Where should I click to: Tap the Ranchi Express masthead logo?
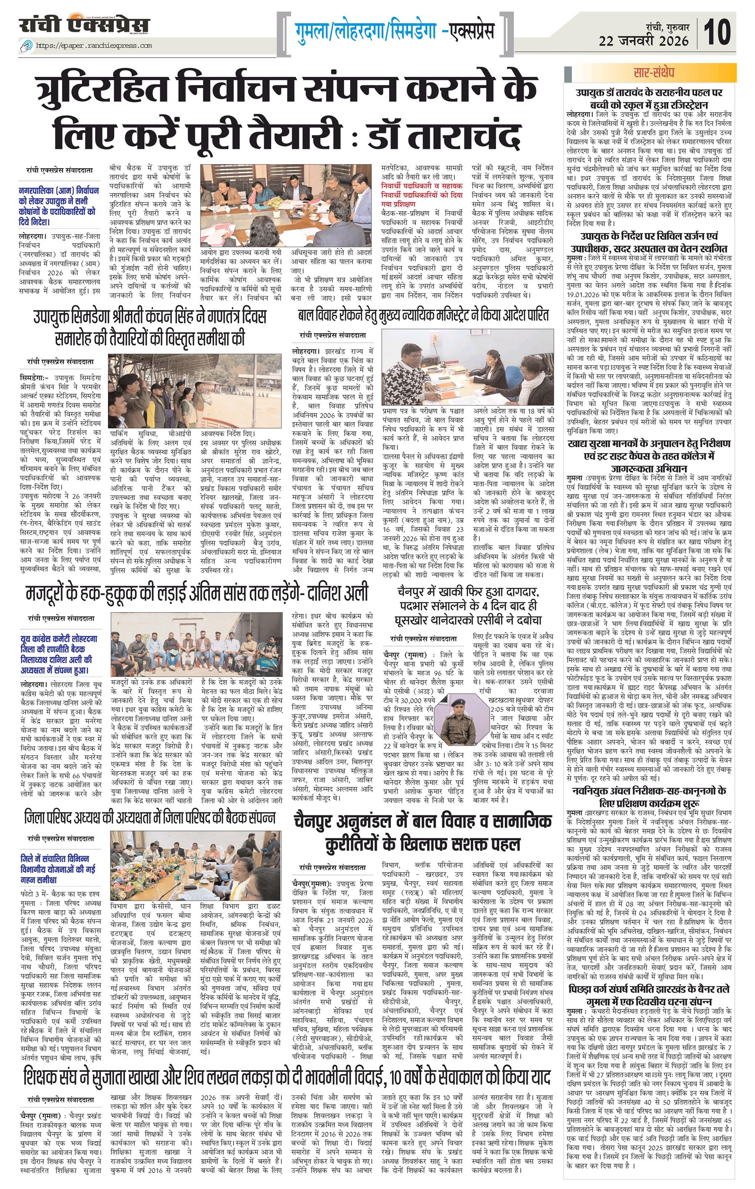[84, 25]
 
